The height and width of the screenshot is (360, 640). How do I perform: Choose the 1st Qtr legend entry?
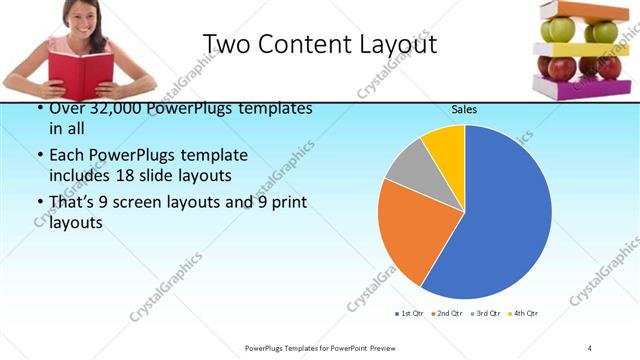(410, 314)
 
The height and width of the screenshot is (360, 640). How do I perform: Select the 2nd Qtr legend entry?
(448, 314)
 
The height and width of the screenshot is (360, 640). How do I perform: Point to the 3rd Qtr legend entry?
(486, 314)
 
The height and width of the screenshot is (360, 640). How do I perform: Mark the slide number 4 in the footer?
(590, 347)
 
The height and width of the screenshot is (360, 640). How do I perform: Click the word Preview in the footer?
(365, 347)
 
